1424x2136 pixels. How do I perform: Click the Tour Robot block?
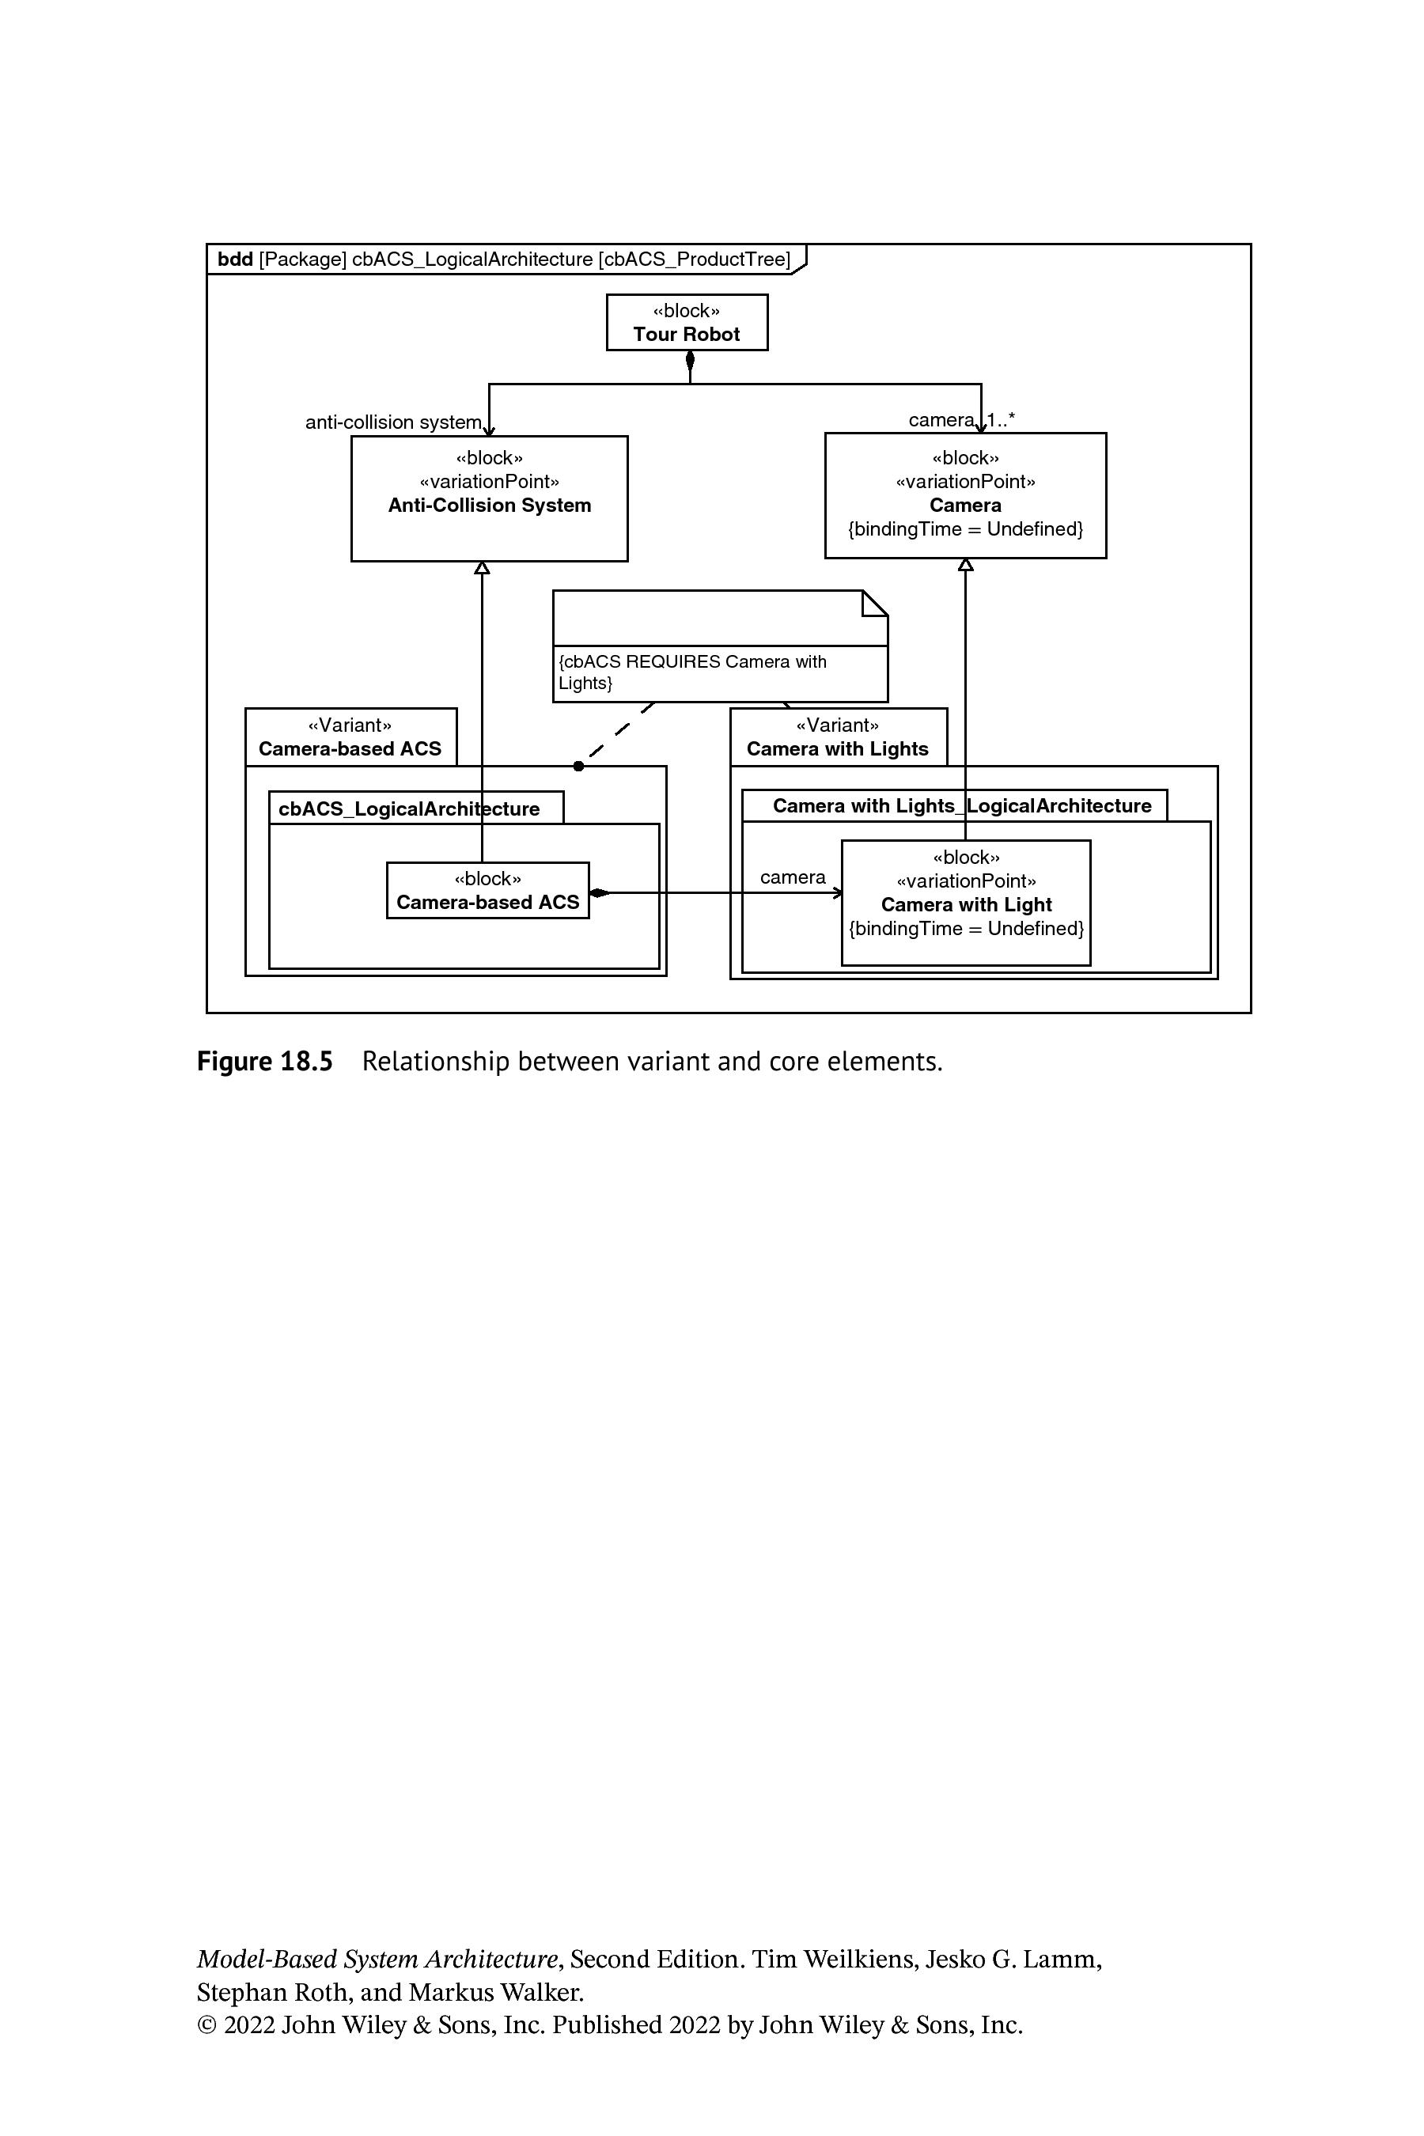[687, 323]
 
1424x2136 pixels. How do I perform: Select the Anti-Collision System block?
[490, 498]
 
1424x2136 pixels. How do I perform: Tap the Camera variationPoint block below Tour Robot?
[965, 495]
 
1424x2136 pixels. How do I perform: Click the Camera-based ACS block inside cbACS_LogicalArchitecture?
[487, 890]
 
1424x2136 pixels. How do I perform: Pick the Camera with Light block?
[966, 903]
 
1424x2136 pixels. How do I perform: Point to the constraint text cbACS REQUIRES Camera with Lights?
[693, 672]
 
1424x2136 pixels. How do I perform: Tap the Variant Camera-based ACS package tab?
[350, 737]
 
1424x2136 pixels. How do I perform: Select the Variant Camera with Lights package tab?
[839, 737]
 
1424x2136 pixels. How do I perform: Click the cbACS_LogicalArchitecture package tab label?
[409, 809]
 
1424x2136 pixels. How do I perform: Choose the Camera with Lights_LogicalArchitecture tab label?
[962, 805]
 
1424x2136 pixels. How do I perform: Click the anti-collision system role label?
[393, 422]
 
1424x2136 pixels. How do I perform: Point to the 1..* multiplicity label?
[1002, 419]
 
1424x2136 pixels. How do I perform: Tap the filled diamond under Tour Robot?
[690, 362]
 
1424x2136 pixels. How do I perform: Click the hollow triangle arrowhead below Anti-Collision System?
[483, 567]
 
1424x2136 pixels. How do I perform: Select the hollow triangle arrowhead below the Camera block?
[965, 564]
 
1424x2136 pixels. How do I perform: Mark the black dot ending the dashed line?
[578, 767]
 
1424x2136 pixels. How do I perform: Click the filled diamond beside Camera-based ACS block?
[600, 892]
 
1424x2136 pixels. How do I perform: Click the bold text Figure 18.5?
[265, 1061]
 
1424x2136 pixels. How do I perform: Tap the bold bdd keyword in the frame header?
[235, 259]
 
